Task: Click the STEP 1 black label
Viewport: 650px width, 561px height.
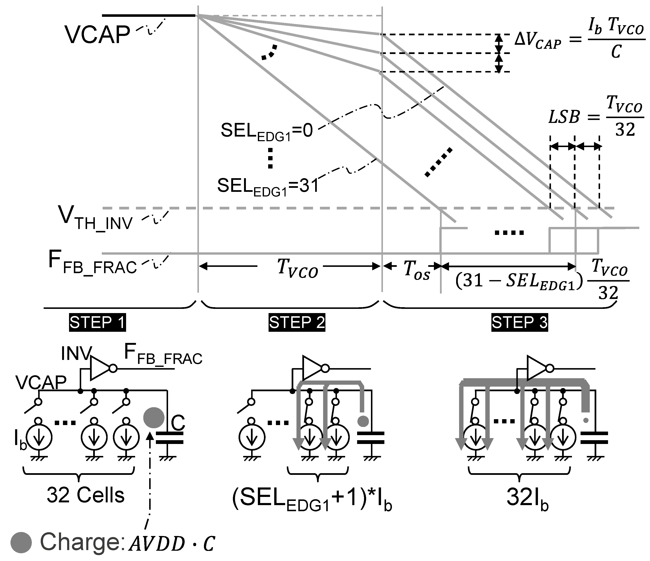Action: (97, 323)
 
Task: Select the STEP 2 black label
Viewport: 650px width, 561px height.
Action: (297, 323)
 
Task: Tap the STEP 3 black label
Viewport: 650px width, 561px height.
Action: (519, 323)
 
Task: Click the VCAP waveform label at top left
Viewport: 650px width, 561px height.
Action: (97, 34)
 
